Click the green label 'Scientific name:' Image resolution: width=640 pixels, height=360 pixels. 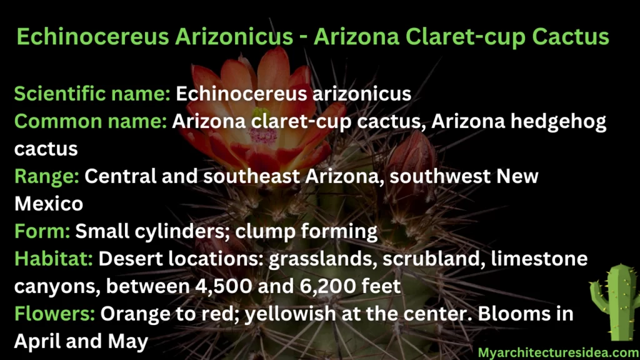tap(92, 94)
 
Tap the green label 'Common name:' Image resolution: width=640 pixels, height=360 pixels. tap(91, 121)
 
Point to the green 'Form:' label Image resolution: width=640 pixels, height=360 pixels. tap(42, 231)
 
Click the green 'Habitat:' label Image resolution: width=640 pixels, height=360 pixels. tap(54, 259)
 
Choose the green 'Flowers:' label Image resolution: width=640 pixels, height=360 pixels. tap(55, 314)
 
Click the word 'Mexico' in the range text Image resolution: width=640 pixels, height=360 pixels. tap(49, 204)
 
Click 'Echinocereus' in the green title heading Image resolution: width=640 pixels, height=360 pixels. tap(92, 37)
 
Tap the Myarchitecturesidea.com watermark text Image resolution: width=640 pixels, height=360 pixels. tap(559, 352)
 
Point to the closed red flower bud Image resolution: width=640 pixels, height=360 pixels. tap(411, 159)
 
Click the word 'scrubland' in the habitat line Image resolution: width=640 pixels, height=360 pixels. tap(434, 259)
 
